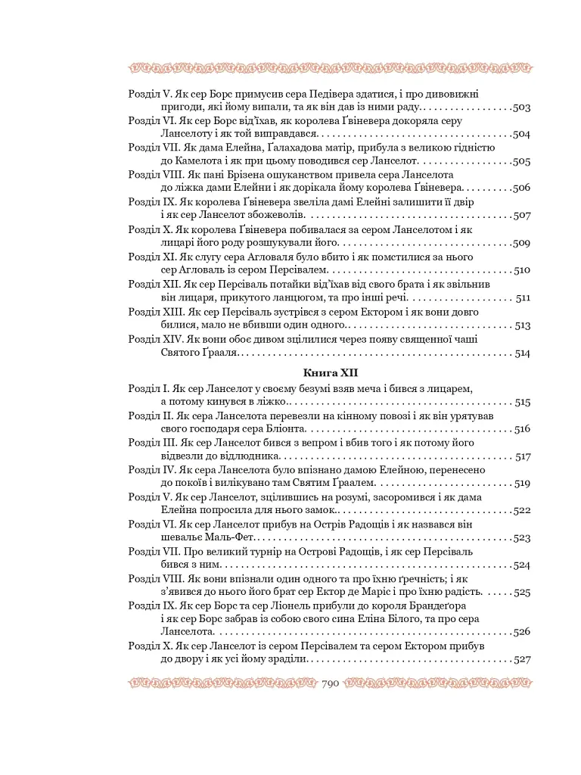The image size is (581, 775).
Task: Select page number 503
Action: tap(520, 108)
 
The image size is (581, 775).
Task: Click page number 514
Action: tap(522, 353)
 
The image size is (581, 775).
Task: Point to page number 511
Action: tap(523, 298)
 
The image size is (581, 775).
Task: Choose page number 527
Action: tap(521, 659)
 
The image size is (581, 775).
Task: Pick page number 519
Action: tap(521, 483)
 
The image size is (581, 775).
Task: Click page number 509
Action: tap(521, 244)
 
